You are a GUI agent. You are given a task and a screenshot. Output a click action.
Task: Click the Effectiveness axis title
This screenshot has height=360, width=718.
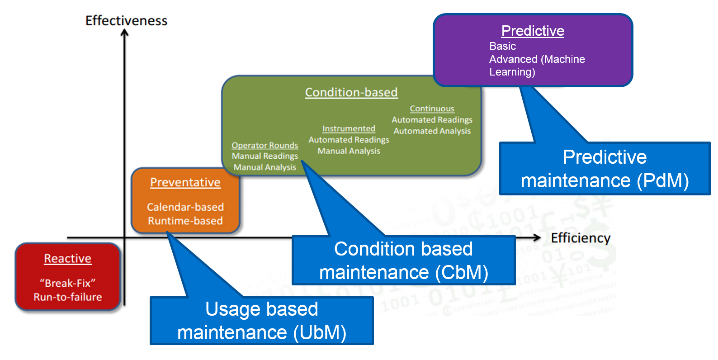tap(126, 21)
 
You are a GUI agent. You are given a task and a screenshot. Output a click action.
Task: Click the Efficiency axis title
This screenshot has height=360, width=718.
tap(581, 238)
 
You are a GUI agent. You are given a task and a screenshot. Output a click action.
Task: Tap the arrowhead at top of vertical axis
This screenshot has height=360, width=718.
tap(125, 33)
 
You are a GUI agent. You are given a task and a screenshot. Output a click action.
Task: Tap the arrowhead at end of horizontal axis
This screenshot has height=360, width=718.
tap(537, 238)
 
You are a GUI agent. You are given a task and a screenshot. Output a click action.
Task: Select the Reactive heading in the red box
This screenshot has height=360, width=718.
tap(68, 259)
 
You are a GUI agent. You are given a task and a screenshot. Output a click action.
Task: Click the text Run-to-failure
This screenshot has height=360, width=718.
tap(68, 297)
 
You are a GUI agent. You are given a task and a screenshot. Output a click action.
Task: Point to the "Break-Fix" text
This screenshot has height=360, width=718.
tap(68, 283)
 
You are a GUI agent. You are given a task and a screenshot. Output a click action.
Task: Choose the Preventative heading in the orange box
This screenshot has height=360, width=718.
tap(185, 182)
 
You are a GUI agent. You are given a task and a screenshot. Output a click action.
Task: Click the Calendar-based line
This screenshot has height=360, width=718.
tap(185, 207)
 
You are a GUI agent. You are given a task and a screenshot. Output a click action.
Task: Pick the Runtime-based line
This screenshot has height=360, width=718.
tap(185, 221)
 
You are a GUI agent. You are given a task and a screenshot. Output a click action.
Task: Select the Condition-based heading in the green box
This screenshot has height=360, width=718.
tap(351, 92)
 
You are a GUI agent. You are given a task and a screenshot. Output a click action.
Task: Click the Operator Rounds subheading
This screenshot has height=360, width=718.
tap(265, 145)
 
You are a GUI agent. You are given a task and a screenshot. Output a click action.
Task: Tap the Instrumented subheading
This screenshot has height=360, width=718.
tap(349, 128)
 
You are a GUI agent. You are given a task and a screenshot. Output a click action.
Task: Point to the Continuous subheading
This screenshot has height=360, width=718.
tap(432, 109)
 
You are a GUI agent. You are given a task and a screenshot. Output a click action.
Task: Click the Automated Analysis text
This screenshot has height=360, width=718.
tap(432, 131)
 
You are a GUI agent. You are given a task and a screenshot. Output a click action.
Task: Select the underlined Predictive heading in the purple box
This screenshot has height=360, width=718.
tap(533, 31)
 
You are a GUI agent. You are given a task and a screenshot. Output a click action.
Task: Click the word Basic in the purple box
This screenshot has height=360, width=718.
tap(502, 46)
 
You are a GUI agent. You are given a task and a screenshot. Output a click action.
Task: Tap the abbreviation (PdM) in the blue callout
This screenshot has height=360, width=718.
tap(662, 181)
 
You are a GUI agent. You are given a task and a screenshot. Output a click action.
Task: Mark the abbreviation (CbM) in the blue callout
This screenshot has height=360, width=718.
tap(462, 273)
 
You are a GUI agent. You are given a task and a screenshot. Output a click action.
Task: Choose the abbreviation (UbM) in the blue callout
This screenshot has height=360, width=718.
tap(320, 333)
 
